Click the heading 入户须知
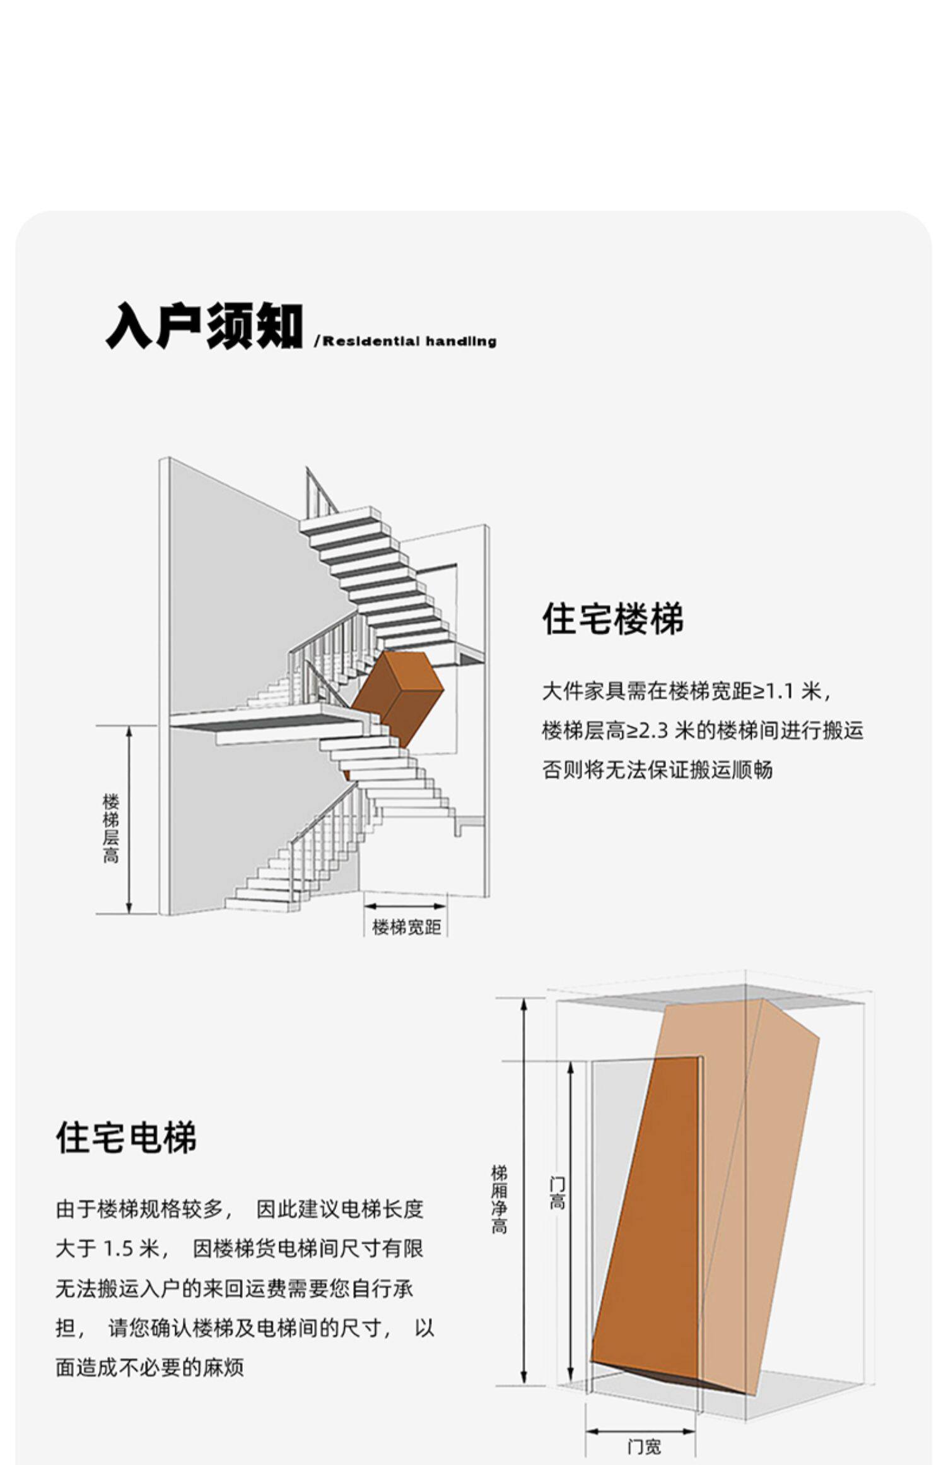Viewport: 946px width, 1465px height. [204, 326]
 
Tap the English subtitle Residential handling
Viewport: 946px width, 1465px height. [409, 341]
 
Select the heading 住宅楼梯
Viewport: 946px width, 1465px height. [612, 619]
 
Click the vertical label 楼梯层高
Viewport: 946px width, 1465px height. [110, 828]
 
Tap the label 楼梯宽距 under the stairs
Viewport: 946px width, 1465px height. [406, 927]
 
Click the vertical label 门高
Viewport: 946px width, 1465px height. [557, 1193]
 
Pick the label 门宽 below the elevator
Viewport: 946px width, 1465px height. [644, 1446]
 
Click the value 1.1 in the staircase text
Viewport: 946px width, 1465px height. [778, 692]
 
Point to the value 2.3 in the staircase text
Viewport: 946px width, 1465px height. [654, 731]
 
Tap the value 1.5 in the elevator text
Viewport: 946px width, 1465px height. [120, 1249]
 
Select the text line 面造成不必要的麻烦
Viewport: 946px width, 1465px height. [149, 1367]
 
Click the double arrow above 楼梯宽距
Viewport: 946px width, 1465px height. [406, 907]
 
